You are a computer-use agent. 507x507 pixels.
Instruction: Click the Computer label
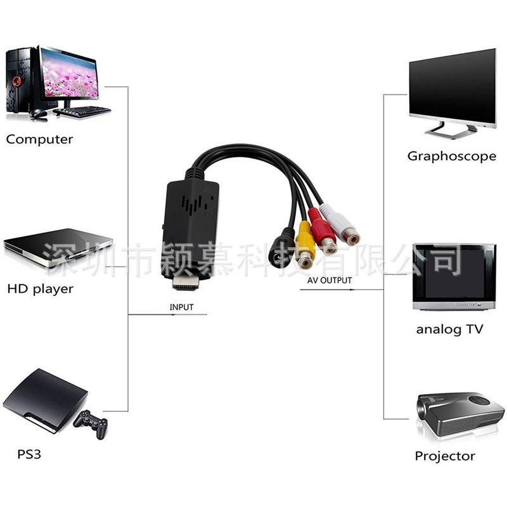(x=39, y=139)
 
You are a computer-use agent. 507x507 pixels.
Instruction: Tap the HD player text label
(x=40, y=289)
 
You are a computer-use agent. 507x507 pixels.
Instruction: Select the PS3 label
(x=29, y=454)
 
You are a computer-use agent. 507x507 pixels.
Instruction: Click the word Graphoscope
(x=451, y=156)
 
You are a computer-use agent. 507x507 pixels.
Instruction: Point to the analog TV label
(x=449, y=330)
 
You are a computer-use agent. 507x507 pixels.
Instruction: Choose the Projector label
(x=445, y=456)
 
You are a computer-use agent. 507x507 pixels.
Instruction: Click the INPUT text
(x=181, y=307)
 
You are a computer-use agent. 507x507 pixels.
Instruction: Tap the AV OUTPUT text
(x=330, y=280)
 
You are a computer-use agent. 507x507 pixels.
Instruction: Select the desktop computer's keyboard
(x=82, y=112)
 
